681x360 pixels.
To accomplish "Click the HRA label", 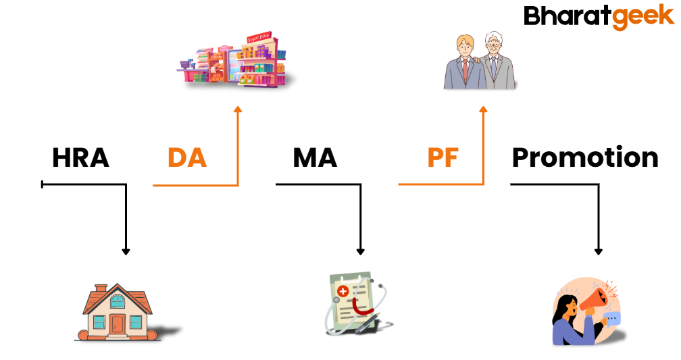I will click(80, 158).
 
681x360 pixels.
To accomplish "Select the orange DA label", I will click(187, 158).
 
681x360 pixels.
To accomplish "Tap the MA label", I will click(315, 158).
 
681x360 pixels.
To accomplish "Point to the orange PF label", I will click(443, 158).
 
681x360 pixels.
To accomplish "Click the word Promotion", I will click(585, 157).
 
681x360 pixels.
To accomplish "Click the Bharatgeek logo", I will click(599, 16).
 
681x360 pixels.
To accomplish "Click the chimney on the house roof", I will click(101, 289).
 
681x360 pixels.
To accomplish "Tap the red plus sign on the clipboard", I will click(343, 292).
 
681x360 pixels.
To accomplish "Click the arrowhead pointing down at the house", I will click(126, 251).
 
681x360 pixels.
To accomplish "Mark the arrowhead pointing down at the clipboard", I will click(360, 251).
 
